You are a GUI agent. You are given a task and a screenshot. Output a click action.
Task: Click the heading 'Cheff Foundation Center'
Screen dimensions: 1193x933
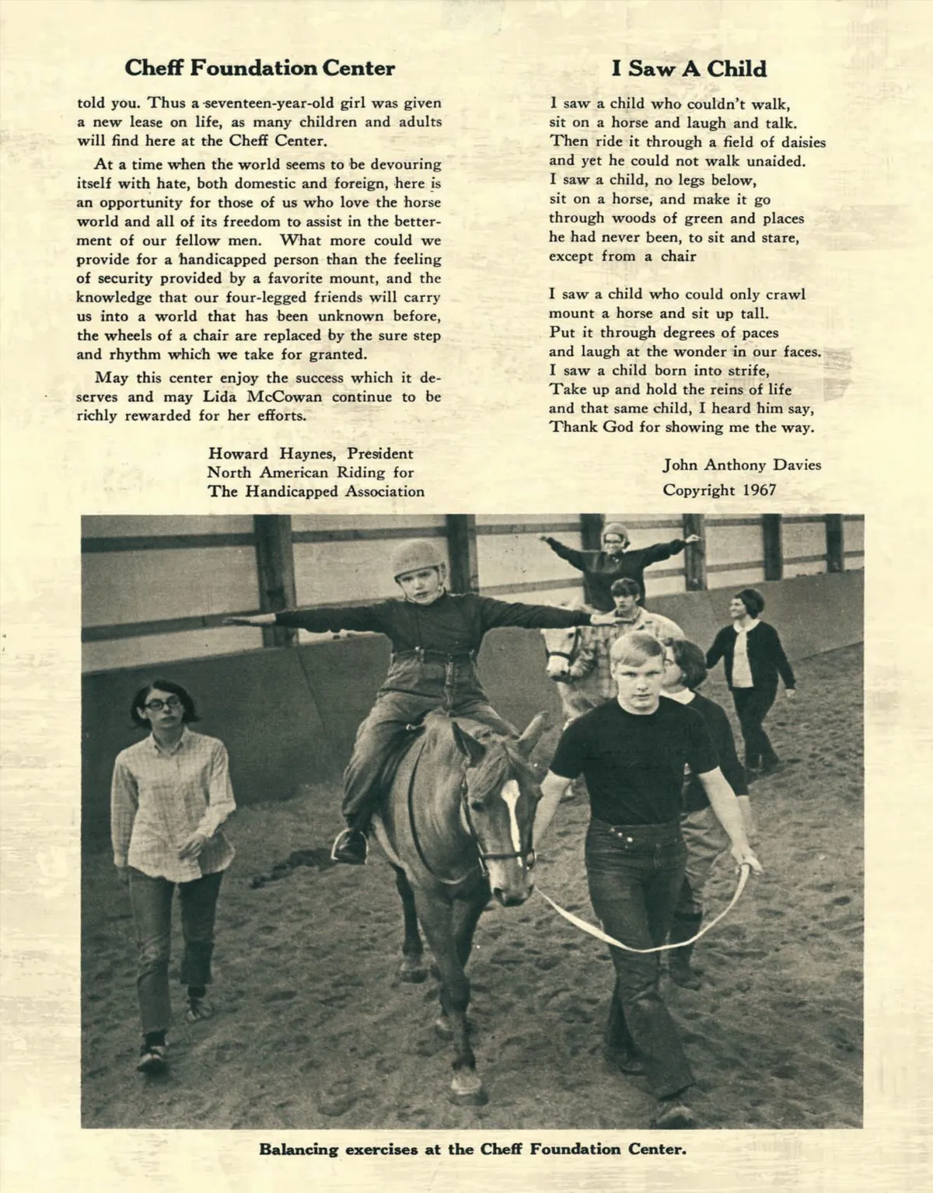click(x=260, y=68)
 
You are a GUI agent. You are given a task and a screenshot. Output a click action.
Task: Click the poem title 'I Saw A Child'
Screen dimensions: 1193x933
click(x=688, y=69)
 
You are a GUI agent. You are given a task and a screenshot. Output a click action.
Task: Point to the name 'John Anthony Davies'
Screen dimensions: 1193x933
click(x=742, y=465)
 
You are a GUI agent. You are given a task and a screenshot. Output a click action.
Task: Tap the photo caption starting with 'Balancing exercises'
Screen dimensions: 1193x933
click(x=473, y=1149)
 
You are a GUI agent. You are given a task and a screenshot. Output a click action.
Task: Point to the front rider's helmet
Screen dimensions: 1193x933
click(x=416, y=560)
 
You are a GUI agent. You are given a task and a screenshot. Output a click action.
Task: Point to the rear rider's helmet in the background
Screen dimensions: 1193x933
click(x=614, y=534)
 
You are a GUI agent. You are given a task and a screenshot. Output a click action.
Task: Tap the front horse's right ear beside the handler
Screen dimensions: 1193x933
click(x=532, y=732)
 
